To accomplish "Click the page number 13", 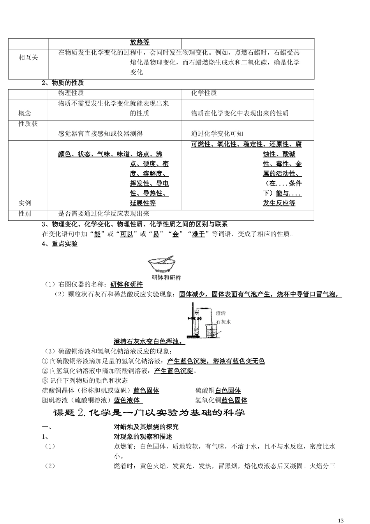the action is tap(341, 520).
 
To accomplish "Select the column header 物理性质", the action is tap(71, 93).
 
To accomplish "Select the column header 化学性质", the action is tap(204, 93).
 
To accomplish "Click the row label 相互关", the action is tap(28, 57).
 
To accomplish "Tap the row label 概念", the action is tap(25, 113).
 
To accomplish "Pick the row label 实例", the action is tap(25, 203).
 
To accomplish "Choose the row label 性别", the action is tap(25, 214).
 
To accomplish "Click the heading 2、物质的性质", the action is tap(63, 83).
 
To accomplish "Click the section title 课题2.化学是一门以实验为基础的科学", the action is tap(149, 412).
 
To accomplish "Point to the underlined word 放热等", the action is tap(139, 42).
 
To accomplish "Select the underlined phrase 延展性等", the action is tap(143, 203).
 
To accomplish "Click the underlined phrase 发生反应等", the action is tap(279, 203).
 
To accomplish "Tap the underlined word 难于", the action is tap(198, 234).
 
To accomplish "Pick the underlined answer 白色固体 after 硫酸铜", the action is tap(228, 390).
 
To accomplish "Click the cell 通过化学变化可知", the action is tap(217, 133).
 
